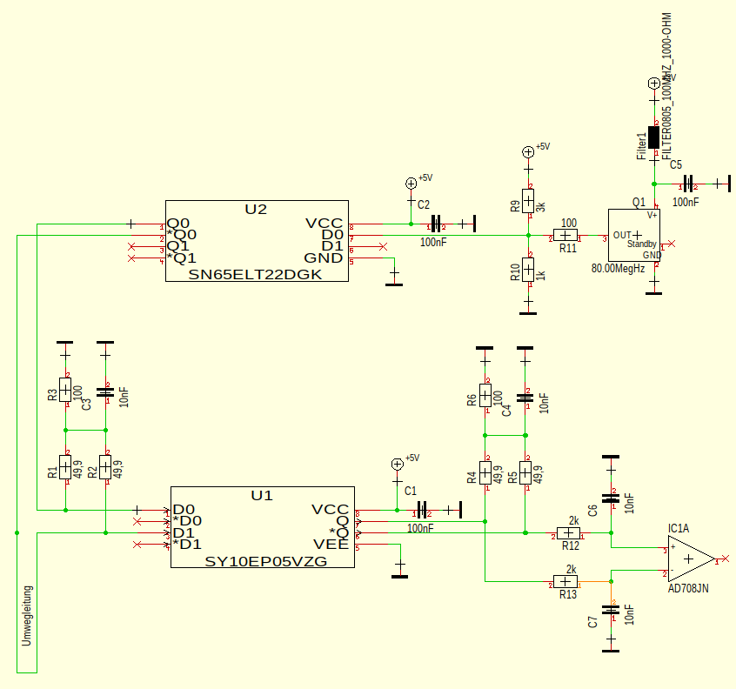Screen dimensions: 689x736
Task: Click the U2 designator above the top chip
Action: (x=256, y=209)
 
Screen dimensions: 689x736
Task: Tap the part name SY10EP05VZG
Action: (x=265, y=561)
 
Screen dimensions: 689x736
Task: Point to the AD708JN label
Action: (x=688, y=589)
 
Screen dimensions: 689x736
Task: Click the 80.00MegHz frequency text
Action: (x=618, y=268)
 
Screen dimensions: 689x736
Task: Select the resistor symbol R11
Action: (x=566, y=236)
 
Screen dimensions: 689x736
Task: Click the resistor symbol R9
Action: (x=528, y=199)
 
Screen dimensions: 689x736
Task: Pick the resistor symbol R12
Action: (x=569, y=532)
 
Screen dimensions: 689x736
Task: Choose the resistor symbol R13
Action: (x=565, y=581)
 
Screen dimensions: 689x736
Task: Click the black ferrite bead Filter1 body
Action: (x=654, y=137)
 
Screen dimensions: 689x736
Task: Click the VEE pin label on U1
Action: (x=331, y=545)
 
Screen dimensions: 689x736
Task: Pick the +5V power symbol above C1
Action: (x=398, y=464)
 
